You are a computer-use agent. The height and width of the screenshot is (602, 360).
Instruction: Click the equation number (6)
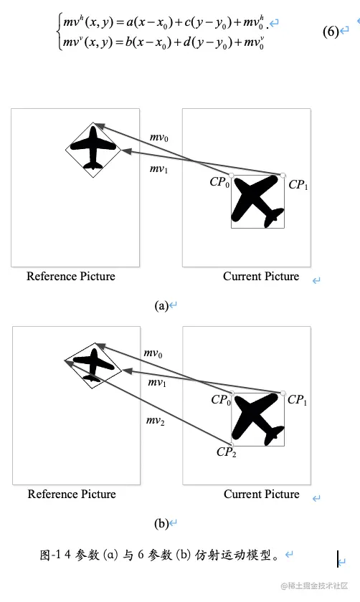[x=331, y=31]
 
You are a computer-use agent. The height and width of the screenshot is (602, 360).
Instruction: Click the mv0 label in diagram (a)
[x=159, y=137]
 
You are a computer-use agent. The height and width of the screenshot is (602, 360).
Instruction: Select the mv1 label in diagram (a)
[x=158, y=168]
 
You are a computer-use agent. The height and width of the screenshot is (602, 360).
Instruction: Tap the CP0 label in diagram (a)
[x=219, y=181]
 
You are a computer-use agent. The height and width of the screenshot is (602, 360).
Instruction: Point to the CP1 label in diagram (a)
[x=298, y=185]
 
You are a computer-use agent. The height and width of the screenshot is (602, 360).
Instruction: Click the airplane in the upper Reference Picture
[x=93, y=148]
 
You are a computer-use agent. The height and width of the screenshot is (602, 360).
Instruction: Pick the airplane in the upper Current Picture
[x=257, y=201]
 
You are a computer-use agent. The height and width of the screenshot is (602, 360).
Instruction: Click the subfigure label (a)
[x=161, y=305]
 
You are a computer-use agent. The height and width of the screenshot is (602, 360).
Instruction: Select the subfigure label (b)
[x=161, y=523]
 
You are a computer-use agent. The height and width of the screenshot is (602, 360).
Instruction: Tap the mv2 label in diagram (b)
[x=155, y=421]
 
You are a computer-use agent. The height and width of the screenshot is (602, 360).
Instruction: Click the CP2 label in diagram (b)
[x=227, y=452]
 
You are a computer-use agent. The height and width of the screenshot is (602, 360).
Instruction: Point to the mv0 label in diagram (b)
[x=153, y=353]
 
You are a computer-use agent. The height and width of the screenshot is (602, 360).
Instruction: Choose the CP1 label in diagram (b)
[x=297, y=400]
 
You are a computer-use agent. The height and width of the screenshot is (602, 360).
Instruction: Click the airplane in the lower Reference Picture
[x=93, y=364]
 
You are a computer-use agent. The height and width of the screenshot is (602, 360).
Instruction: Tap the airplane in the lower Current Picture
[x=257, y=419]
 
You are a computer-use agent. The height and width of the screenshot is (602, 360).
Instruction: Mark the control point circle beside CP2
[x=232, y=445]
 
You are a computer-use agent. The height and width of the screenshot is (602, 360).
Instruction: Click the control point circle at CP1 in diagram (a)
[x=283, y=176]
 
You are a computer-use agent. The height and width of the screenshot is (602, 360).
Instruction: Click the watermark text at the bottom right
[x=314, y=586]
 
